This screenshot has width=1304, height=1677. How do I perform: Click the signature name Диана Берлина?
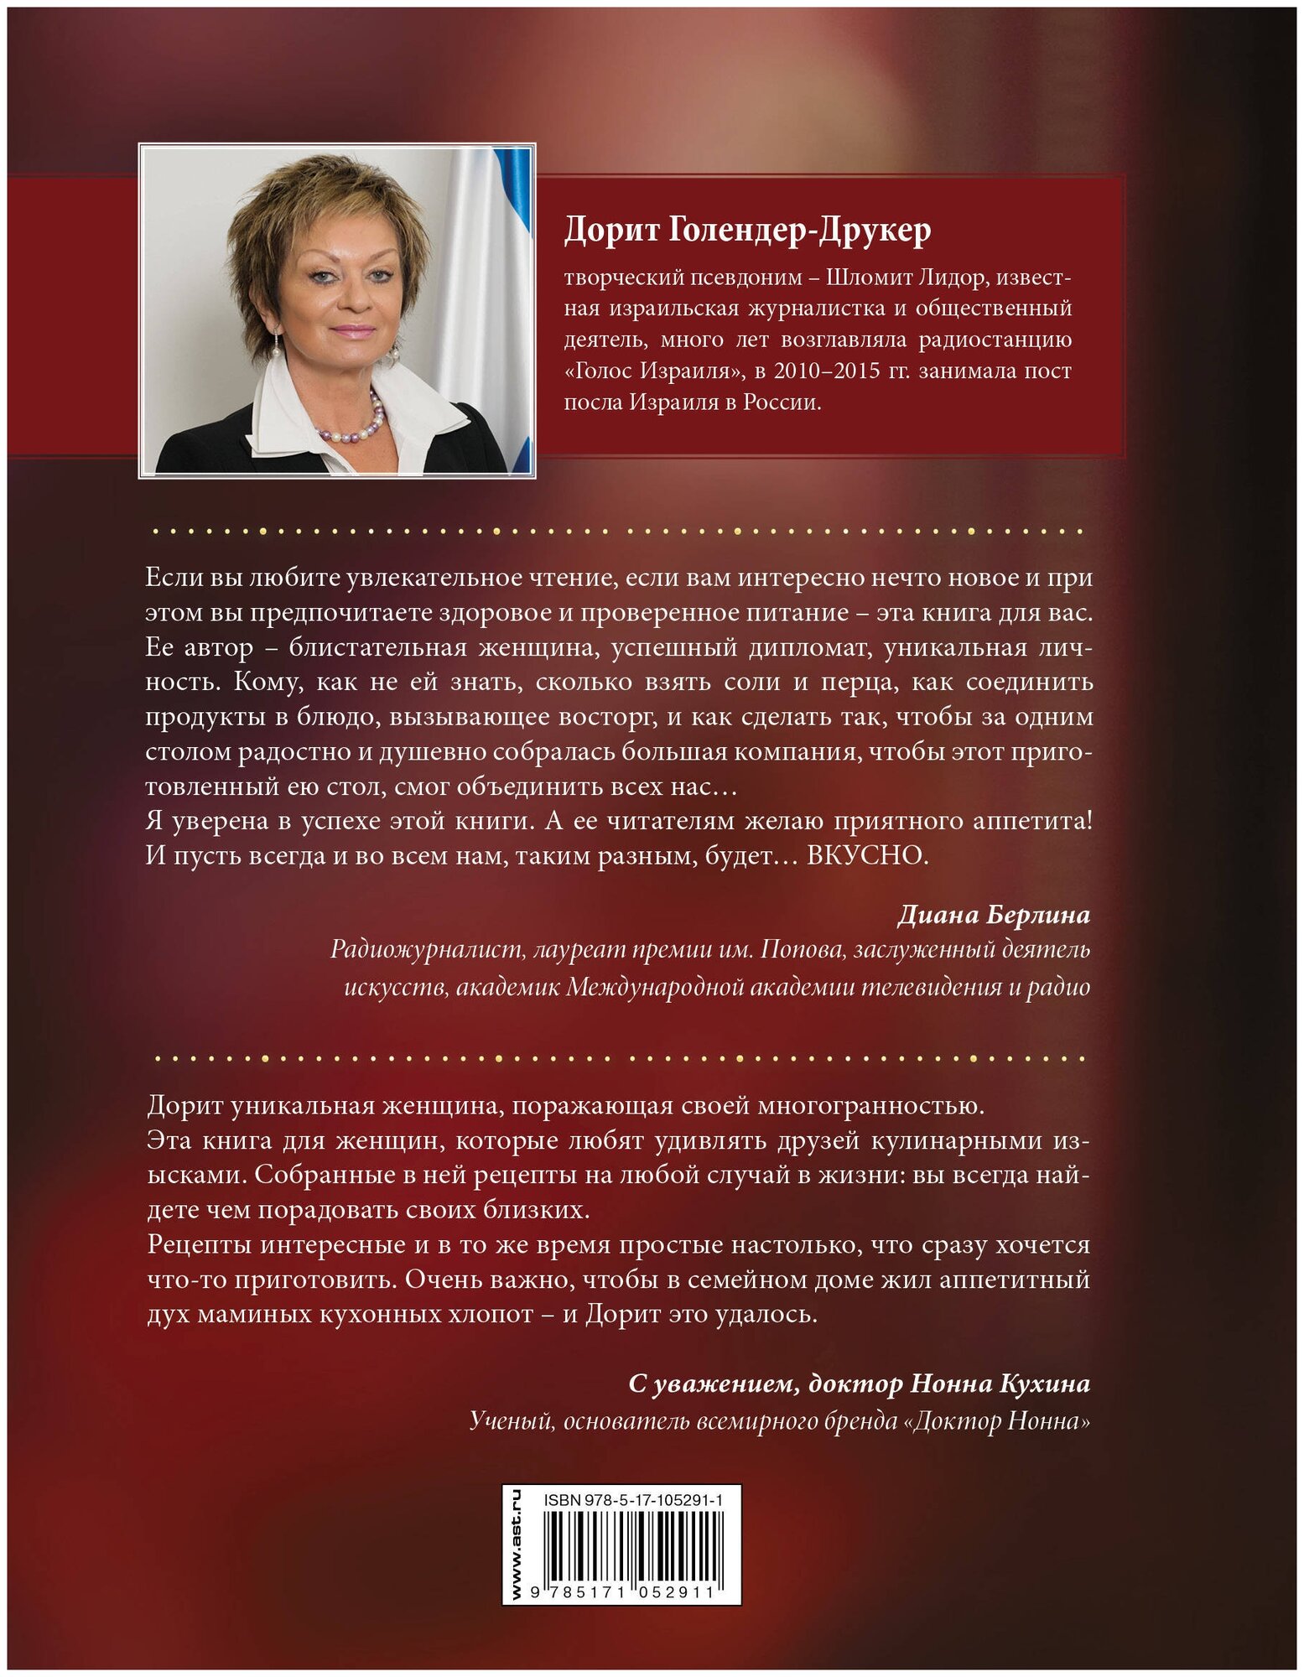click(x=994, y=915)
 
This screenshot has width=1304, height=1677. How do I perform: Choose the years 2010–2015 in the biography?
click(x=826, y=371)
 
